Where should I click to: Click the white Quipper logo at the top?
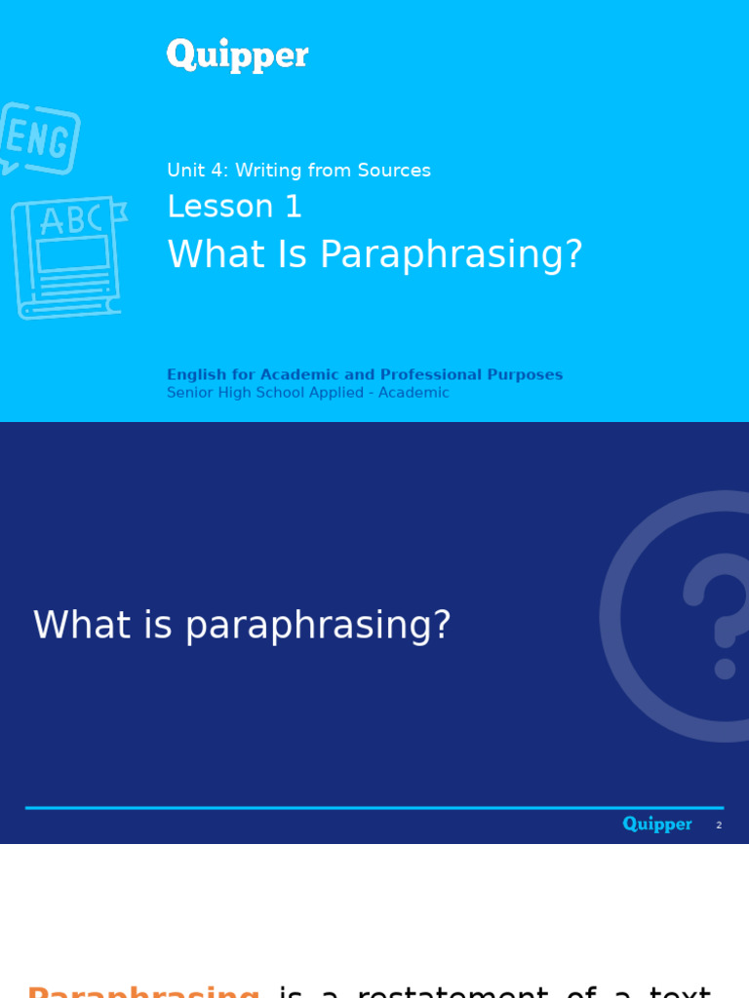coord(237,56)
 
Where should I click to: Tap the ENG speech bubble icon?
coord(39,138)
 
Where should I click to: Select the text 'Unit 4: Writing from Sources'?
coord(298,171)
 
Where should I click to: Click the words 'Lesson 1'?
coord(235,207)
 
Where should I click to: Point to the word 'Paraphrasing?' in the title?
coord(451,255)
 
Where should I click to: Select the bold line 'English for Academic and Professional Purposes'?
coord(364,375)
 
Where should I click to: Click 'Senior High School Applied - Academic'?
coord(307,393)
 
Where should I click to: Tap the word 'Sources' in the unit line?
coord(394,171)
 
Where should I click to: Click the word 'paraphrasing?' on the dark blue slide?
coord(318,626)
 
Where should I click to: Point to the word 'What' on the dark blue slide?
coord(82,626)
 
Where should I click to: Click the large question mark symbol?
coord(717,614)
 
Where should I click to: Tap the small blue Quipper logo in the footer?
coord(657,825)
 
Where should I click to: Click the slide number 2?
coord(719,825)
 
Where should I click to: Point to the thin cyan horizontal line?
coord(374,808)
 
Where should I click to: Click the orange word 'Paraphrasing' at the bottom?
coord(143,991)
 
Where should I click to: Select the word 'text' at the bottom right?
coord(680,991)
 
